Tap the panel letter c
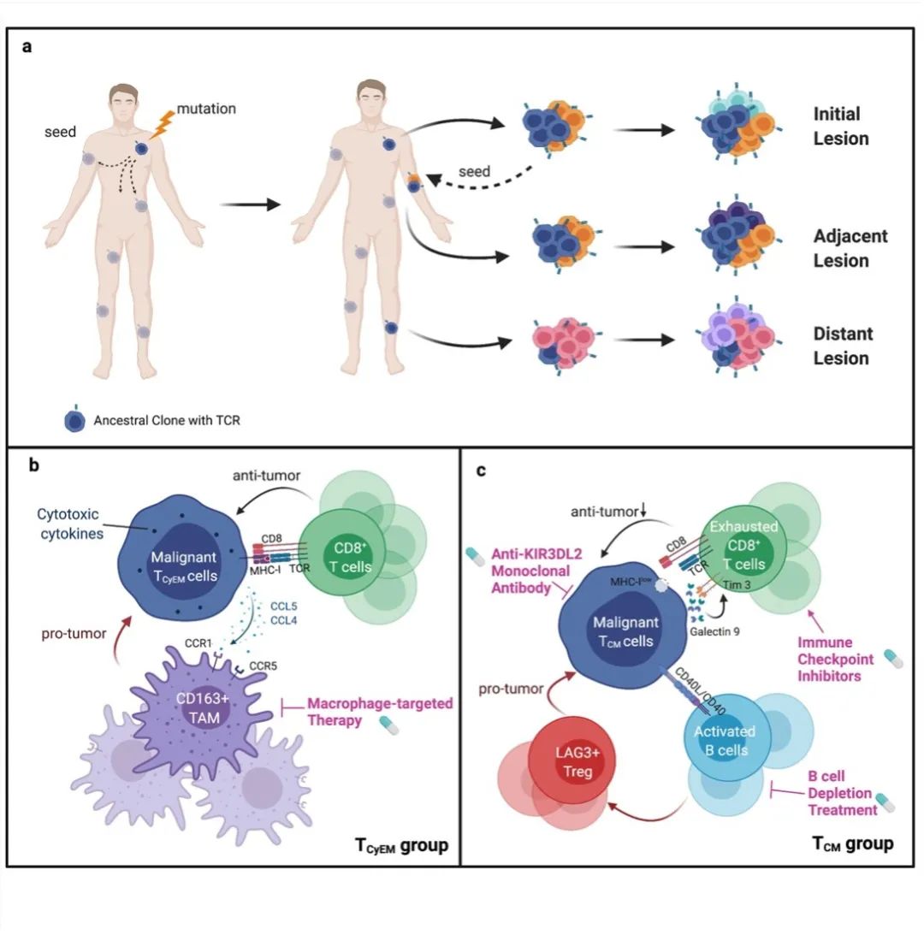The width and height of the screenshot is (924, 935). [x=481, y=470]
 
